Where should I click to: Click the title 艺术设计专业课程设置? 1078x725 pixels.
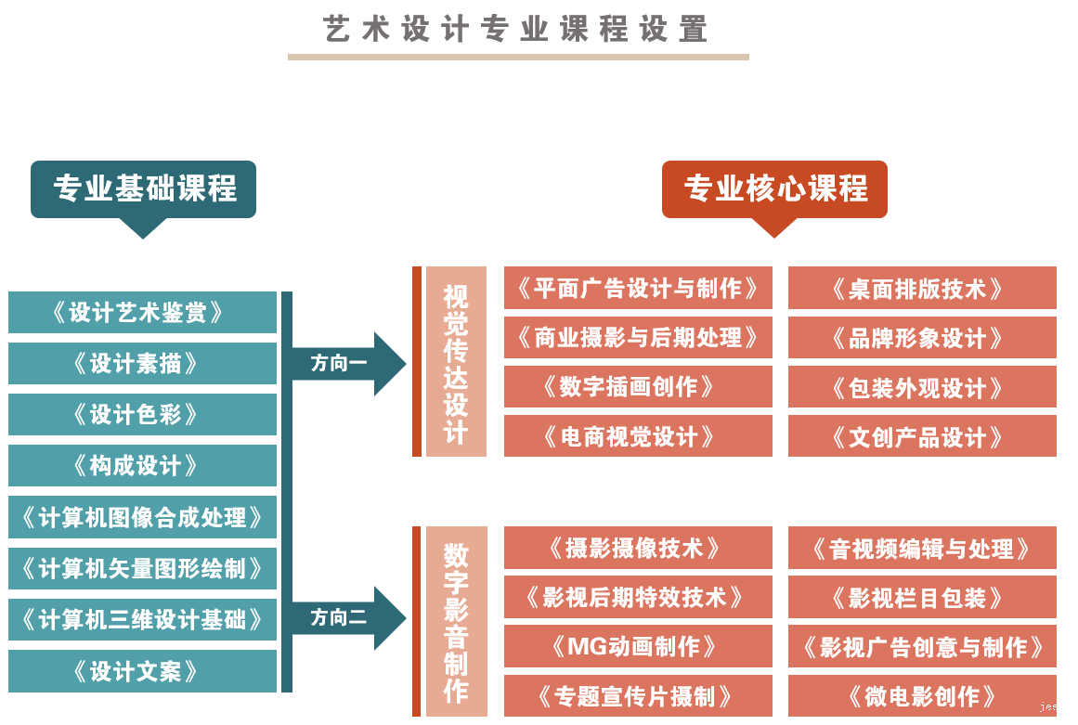coord(516,30)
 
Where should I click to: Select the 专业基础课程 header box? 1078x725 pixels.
coord(143,189)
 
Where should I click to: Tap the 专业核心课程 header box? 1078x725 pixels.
coord(774,189)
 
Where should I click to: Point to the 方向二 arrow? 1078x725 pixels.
coord(345,617)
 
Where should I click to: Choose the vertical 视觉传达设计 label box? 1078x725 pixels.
coord(456,362)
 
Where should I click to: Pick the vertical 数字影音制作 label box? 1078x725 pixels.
coord(456,622)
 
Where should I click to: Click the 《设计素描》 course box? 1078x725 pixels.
coord(143,363)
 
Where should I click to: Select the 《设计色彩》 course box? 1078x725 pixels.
coord(143,414)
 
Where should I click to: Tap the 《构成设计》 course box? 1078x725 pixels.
coord(143,465)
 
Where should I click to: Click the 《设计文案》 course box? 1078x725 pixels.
coord(143,670)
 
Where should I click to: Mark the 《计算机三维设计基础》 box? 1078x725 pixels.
coord(143,619)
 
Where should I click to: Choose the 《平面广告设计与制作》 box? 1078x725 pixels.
coord(638,288)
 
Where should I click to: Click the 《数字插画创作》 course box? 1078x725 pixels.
coord(638,386)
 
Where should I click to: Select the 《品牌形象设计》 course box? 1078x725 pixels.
coord(922,338)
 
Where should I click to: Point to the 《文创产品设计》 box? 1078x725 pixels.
coord(922,436)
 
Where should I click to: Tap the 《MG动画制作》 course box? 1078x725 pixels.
coord(638,646)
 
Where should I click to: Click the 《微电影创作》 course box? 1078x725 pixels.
coord(922,695)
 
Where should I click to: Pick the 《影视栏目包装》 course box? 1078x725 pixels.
coord(922,597)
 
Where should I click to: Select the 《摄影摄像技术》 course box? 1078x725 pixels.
coord(638,548)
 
